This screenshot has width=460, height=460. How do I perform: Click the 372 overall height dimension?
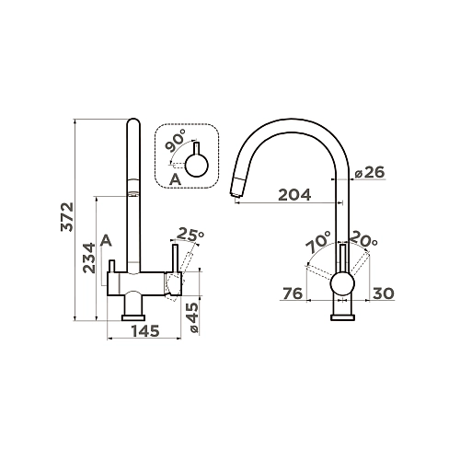click(67, 217)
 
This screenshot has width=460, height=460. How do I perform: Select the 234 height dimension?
click(89, 258)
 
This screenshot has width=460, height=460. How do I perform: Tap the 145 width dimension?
click(145, 331)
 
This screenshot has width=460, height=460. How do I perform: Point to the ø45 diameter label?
click(192, 317)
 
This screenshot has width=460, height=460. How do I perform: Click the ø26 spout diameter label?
click(370, 173)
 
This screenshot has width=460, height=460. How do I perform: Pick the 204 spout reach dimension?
click(294, 195)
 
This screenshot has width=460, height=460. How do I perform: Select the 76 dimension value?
click(293, 293)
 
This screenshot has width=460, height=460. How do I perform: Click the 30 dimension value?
click(384, 293)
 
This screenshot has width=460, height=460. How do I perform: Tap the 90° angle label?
click(175, 141)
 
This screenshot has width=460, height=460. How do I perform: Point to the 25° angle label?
click(190, 235)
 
